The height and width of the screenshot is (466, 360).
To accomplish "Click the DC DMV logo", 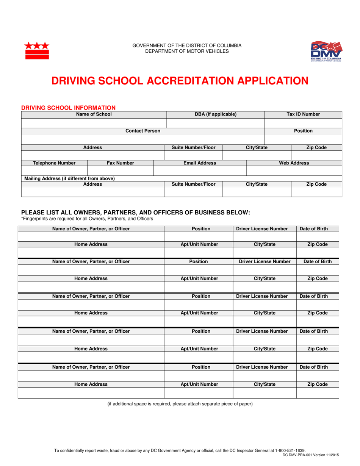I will click(x=326, y=52).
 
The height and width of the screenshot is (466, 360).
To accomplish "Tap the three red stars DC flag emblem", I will click(x=37, y=51).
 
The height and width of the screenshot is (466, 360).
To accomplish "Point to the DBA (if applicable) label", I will click(x=215, y=114).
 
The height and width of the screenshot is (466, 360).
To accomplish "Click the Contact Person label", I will click(x=142, y=131).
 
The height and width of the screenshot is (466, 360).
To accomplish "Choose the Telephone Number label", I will click(x=54, y=163).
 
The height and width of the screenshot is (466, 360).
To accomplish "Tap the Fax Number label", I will click(x=120, y=163).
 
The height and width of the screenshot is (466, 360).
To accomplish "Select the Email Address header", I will click(x=200, y=163).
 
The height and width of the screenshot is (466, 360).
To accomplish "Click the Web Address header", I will click(x=294, y=163).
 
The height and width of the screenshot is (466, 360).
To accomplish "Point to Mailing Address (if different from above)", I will click(x=70, y=178).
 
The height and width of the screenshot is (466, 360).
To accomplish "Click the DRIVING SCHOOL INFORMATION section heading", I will click(x=68, y=108).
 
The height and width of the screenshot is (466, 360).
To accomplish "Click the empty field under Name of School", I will click(x=94, y=123).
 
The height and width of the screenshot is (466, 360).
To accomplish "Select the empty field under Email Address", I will click(x=200, y=171).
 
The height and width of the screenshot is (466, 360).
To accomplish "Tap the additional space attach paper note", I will click(x=180, y=403).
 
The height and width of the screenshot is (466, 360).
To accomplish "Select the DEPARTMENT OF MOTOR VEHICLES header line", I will click(x=187, y=51).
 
